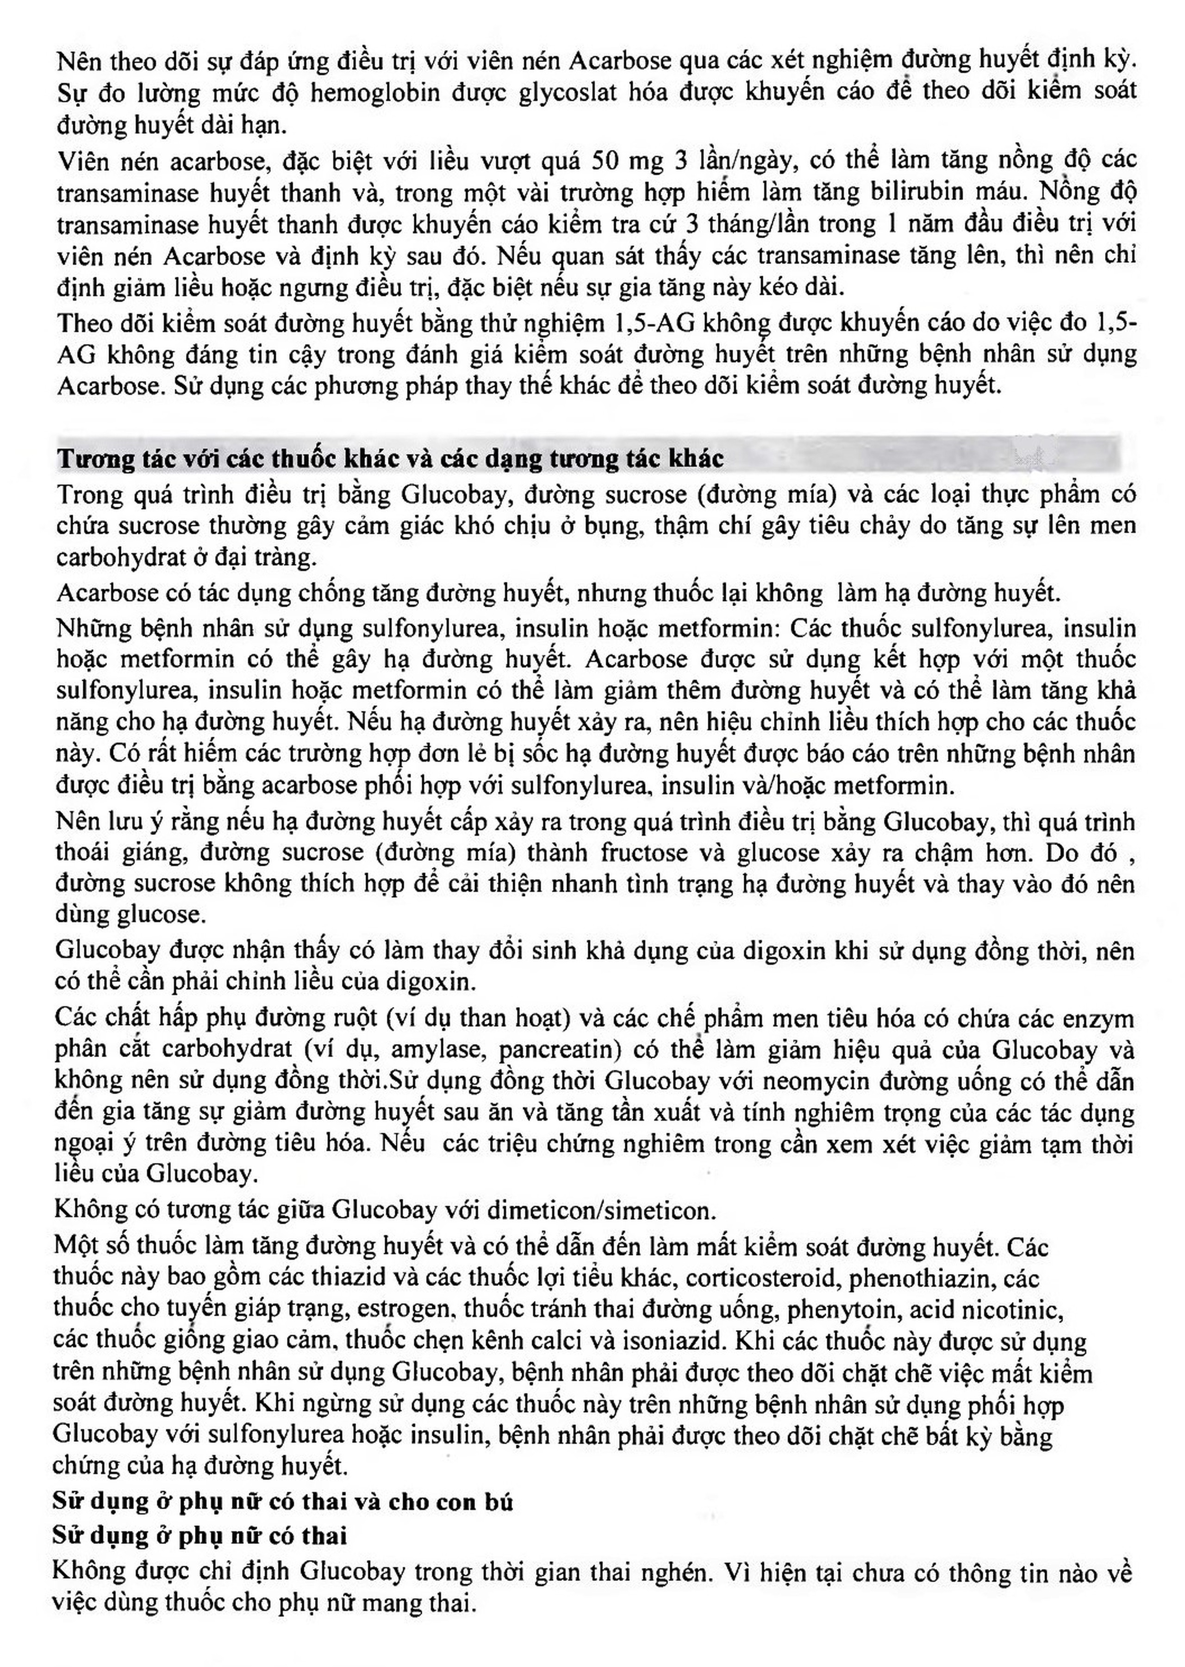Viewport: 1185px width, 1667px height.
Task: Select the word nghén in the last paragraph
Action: [678, 1571]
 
